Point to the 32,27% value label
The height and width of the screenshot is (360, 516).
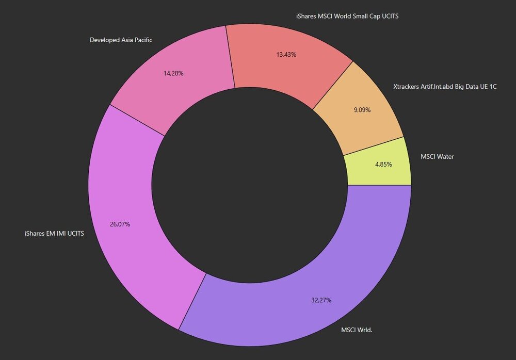pyautogui.click(x=321, y=300)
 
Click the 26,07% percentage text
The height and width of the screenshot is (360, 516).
pyautogui.click(x=120, y=224)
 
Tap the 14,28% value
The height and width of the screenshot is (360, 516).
pyautogui.click(x=173, y=73)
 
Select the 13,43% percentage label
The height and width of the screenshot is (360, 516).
pyautogui.click(x=286, y=54)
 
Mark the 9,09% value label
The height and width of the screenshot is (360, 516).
pyautogui.click(x=362, y=110)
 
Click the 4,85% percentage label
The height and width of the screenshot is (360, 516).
pyautogui.click(x=383, y=165)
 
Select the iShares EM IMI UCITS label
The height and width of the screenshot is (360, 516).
pyautogui.click(x=54, y=233)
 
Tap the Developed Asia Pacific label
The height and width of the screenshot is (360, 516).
pyautogui.click(x=121, y=40)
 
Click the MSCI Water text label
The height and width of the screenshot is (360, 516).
pyautogui.click(x=437, y=156)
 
